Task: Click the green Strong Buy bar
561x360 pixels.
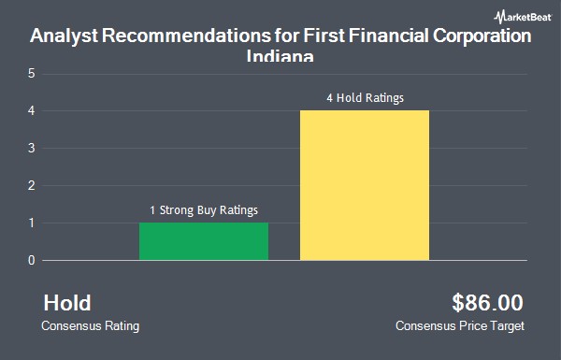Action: (204, 241)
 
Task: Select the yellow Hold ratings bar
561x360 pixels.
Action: (365, 185)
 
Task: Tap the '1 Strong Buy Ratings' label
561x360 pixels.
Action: (204, 210)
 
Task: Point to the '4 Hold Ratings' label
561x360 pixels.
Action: (365, 97)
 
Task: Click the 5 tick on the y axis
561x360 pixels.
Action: (32, 74)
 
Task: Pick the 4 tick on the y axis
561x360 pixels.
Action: (32, 111)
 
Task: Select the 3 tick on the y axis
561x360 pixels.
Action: (32, 148)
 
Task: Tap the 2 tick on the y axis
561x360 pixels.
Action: (32, 186)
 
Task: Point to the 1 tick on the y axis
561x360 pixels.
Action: (32, 223)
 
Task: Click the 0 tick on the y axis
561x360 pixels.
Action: (32, 260)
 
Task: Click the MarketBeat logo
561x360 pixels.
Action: (523, 17)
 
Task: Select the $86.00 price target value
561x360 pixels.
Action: (487, 303)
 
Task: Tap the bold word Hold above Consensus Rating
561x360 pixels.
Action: (67, 303)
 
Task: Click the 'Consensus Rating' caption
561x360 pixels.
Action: (90, 326)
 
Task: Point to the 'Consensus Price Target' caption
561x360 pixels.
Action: (460, 326)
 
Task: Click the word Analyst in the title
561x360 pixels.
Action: (64, 36)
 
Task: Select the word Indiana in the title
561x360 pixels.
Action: (280, 55)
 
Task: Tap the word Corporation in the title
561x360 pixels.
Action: (482, 36)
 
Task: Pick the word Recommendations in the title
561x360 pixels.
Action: (186, 36)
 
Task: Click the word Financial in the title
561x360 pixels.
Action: (389, 36)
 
